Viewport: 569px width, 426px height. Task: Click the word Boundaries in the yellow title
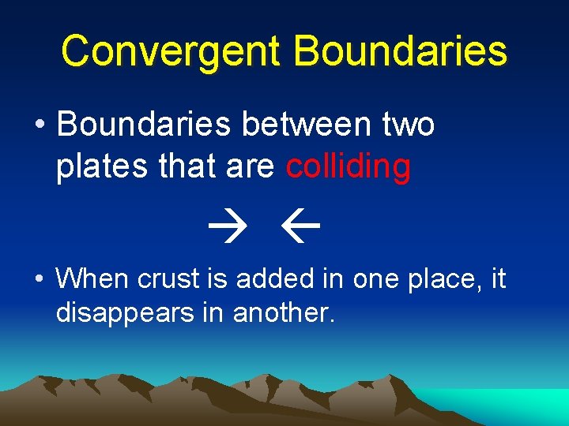pyautogui.click(x=400, y=51)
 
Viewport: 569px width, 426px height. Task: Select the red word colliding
pyautogui.click(x=349, y=167)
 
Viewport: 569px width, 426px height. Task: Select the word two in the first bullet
pyautogui.click(x=407, y=125)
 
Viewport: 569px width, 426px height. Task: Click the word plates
pyautogui.click(x=96, y=167)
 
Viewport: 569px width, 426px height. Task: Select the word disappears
pyautogui.click(x=132, y=314)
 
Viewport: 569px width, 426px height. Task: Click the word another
pyautogui.click(x=284, y=313)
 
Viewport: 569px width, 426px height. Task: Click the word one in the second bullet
pyautogui.click(x=371, y=280)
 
